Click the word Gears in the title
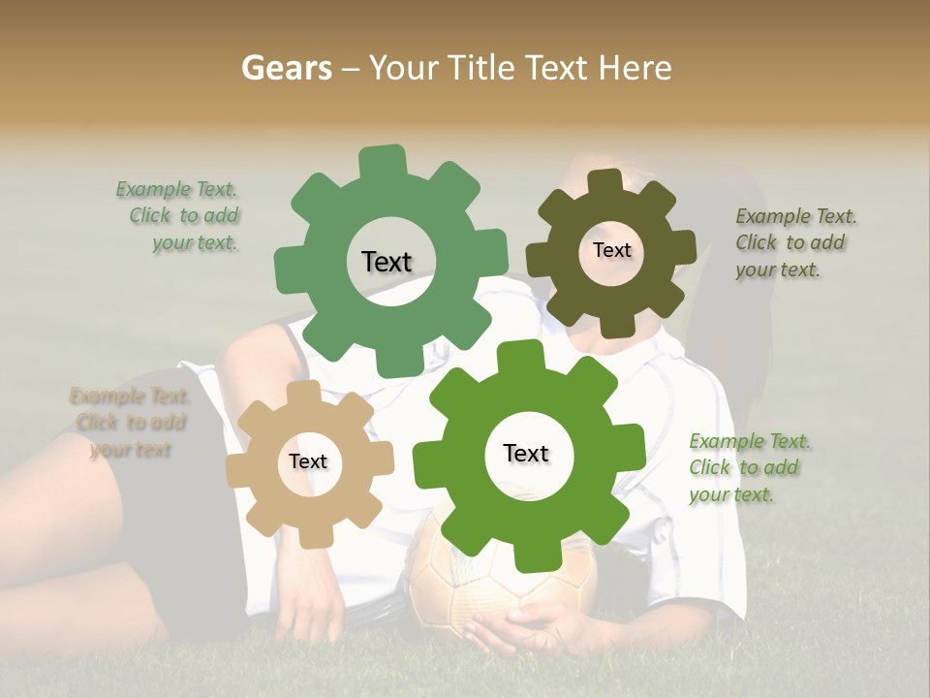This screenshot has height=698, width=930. tap(286, 68)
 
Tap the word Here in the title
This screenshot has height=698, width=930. tap(635, 68)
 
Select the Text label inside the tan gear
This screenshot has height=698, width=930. tap(308, 462)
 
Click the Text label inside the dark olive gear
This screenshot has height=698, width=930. tap(611, 250)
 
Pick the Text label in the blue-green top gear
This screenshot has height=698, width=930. tap(387, 262)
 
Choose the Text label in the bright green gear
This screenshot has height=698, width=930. tap(526, 453)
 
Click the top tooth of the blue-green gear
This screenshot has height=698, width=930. tap(384, 161)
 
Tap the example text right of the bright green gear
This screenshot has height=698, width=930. tap(748, 468)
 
